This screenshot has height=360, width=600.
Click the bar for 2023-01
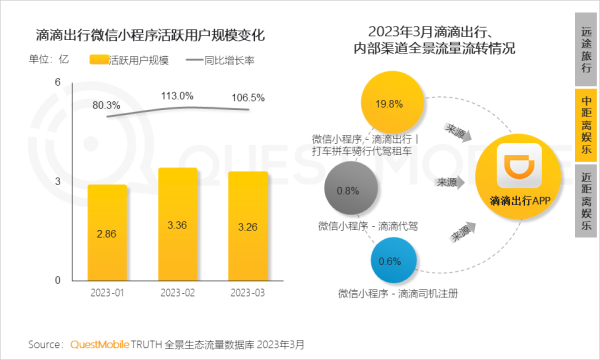(x=107, y=231)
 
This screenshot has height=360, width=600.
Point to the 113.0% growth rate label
(x=177, y=96)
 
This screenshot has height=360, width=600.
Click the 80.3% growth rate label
(x=106, y=105)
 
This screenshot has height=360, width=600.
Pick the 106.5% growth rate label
(x=246, y=98)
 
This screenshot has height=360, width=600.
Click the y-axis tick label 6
(x=58, y=82)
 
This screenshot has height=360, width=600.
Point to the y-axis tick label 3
(x=58, y=181)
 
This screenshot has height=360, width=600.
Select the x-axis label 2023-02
(x=178, y=293)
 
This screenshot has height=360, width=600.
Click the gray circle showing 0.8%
(x=349, y=190)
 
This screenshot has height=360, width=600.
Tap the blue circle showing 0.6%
(x=391, y=262)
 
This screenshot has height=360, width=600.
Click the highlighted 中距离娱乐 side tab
(x=585, y=123)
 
